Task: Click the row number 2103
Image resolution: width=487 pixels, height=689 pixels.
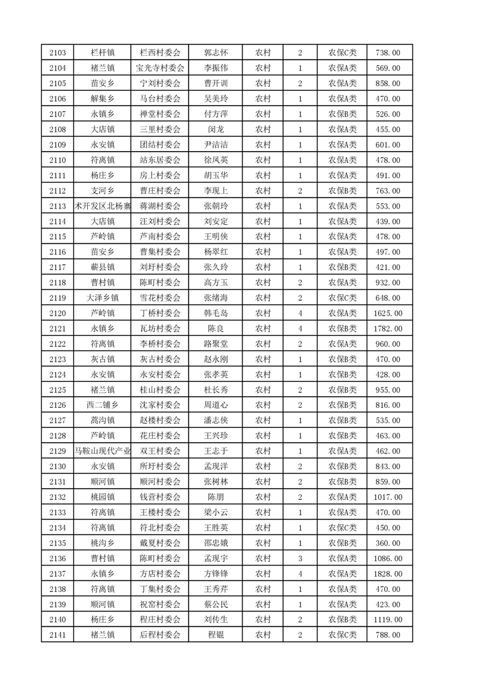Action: pyautogui.click(x=57, y=53)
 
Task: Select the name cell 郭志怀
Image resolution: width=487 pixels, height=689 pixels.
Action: pyautogui.click(x=216, y=53)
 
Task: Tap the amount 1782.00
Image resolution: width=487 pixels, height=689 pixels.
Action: pyautogui.click(x=388, y=329)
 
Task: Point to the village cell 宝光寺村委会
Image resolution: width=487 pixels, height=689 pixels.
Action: pyautogui.click(x=160, y=68)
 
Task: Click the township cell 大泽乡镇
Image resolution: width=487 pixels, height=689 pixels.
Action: pyautogui.click(x=102, y=298)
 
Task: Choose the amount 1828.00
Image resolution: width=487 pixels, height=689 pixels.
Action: pyautogui.click(x=388, y=574)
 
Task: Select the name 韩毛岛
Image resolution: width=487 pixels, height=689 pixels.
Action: pyautogui.click(x=216, y=313)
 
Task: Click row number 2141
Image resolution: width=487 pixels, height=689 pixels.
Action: pyautogui.click(x=57, y=635)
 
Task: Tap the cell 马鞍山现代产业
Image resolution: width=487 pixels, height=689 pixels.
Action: pyautogui.click(x=102, y=451)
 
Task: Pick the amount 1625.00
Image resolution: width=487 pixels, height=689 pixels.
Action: pyautogui.click(x=388, y=313)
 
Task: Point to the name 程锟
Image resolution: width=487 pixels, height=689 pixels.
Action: pyautogui.click(x=216, y=635)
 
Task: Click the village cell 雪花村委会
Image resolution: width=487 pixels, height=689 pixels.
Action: pyautogui.click(x=160, y=298)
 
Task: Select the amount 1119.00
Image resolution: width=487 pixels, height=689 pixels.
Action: pyautogui.click(x=388, y=620)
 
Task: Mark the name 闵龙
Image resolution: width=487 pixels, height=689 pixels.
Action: pyautogui.click(x=216, y=130)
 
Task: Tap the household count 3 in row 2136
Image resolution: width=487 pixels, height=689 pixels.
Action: pyautogui.click(x=300, y=558)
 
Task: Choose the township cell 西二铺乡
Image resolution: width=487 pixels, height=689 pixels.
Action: pyautogui.click(x=102, y=405)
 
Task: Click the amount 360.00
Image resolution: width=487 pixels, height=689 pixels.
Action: pyautogui.click(x=388, y=543)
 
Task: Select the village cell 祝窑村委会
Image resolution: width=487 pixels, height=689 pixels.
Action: pyautogui.click(x=160, y=604)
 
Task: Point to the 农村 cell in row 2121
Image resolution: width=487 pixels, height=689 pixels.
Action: pyautogui.click(x=263, y=329)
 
